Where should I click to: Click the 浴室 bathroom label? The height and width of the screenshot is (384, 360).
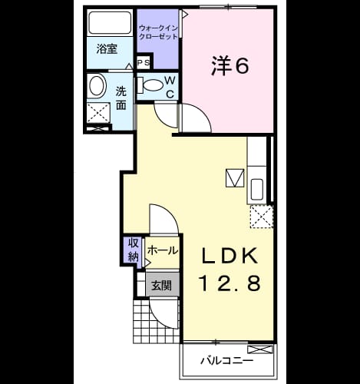(x=107, y=49)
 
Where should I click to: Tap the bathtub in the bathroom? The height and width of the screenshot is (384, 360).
(x=110, y=22)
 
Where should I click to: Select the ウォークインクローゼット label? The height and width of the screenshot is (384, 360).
(x=158, y=31)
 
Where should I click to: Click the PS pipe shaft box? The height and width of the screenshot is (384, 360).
(x=144, y=62)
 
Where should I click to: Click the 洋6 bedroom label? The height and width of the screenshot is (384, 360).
(x=230, y=66)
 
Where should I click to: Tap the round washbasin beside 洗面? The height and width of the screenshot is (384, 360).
(x=97, y=86)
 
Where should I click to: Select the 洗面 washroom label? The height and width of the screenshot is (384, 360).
(x=121, y=98)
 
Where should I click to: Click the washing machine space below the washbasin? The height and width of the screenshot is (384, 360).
(x=98, y=113)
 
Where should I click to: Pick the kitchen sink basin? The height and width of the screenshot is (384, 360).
(x=257, y=189)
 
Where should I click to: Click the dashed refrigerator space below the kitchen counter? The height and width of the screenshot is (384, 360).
(x=262, y=217)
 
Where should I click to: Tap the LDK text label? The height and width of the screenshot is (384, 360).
(x=230, y=256)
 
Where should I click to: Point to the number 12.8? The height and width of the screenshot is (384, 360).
(x=230, y=283)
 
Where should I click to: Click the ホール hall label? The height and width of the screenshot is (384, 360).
(x=162, y=250)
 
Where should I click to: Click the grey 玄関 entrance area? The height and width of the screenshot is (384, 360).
(x=162, y=285)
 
